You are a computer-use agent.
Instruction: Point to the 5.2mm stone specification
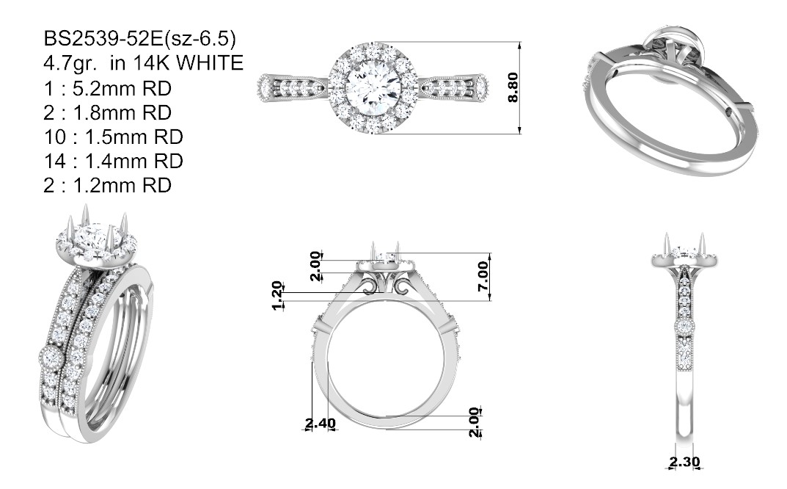(x=122, y=88)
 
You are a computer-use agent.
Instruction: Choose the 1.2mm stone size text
(x=122, y=186)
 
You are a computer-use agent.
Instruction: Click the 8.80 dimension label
(x=513, y=87)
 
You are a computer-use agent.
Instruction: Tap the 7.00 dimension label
(x=483, y=276)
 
